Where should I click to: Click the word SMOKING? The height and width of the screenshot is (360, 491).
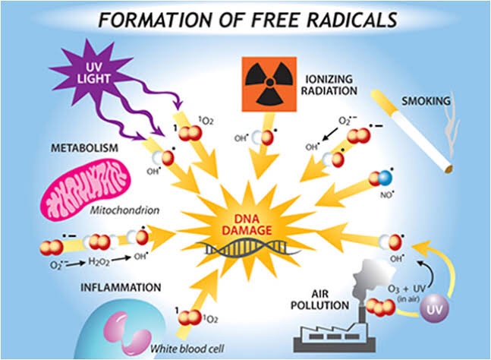426,99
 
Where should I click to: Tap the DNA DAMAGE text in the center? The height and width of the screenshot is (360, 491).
245,223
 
